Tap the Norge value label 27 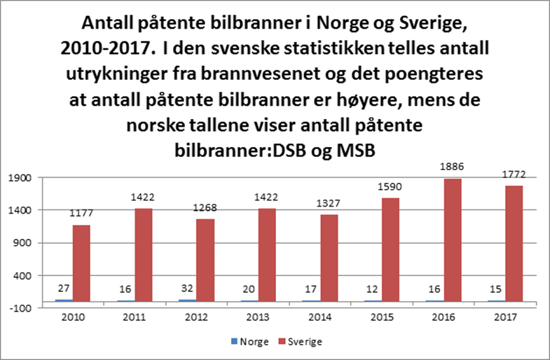(62, 289)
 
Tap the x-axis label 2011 (135, 317)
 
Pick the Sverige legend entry (303, 342)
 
